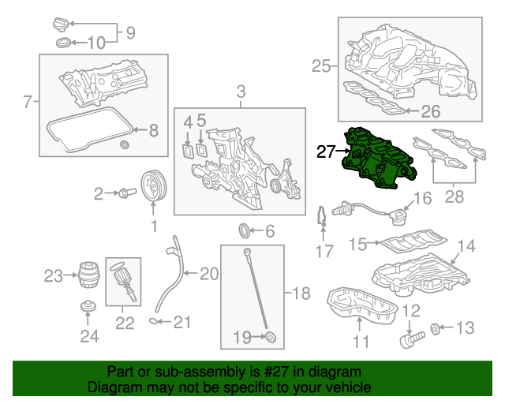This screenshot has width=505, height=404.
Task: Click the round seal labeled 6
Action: tap(246, 231)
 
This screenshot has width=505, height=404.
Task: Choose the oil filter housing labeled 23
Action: tap(86, 276)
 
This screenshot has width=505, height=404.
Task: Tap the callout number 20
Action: tap(208, 275)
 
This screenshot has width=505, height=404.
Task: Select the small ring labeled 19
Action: tap(271, 339)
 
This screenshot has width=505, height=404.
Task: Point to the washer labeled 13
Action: tap(436, 327)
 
